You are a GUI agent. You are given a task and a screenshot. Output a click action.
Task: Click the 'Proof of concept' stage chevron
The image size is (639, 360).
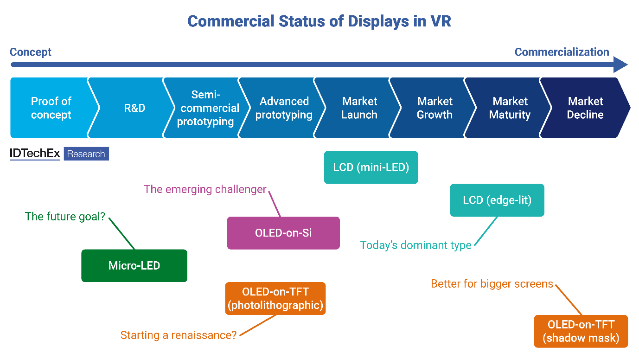pyautogui.click(x=51, y=108)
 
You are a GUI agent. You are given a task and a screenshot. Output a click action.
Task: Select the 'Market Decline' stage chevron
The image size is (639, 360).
pyautogui.click(x=585, y=108)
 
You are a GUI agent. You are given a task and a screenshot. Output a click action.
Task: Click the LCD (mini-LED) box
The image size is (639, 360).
pyautogui.click(x=371, y=167)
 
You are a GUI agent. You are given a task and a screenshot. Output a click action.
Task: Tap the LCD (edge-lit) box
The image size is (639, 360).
pyautogui.click(x=497, y=200)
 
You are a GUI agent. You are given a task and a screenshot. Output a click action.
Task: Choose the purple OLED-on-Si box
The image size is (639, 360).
pyautogui.click(x=283, y=233)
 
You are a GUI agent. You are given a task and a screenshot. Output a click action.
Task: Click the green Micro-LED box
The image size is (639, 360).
pyautogui.click(x=134, y=266)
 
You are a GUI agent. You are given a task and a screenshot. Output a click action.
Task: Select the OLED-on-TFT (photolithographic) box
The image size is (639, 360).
pyautogui.click(x=275, y=299)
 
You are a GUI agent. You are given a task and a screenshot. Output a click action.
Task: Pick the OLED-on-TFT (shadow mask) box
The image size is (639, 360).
pyautogui.click(x=581, y=331)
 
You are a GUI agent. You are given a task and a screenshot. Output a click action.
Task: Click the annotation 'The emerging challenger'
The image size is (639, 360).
pyautogui.click(x=205, y=189)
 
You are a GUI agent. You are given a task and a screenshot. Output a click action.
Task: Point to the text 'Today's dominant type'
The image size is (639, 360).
pyautogui.click(x=415, y=245)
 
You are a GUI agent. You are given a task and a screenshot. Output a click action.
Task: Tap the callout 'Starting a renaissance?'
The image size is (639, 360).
pyautogui.click(x=178, y=335)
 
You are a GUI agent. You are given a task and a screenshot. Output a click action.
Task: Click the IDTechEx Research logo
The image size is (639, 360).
pyautogui.click(x=59, y=154)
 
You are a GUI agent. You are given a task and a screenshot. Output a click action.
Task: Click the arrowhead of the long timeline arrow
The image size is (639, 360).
pyautogui.click(x=620, y=64)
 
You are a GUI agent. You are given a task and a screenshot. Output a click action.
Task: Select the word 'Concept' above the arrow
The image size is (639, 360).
pyautogui.click(x=31, y=52)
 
